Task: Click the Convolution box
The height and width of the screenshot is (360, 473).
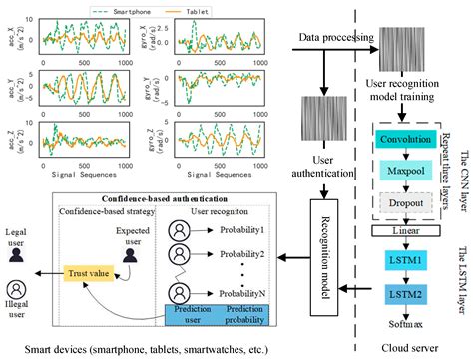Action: [404, 139]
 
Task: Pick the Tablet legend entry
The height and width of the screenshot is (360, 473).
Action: [199, 12]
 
